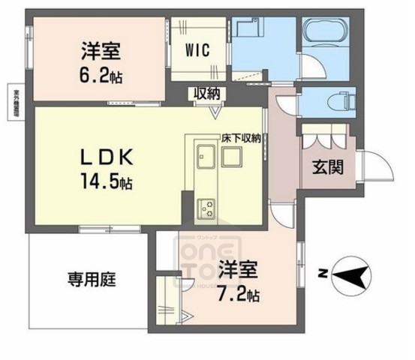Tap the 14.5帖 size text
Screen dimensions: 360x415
[107, 181]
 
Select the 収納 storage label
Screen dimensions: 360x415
[206, 94]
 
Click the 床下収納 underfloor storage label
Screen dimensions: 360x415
[240, 138]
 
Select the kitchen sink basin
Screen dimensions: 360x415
[206, 160]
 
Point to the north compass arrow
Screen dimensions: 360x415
[350, 275]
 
